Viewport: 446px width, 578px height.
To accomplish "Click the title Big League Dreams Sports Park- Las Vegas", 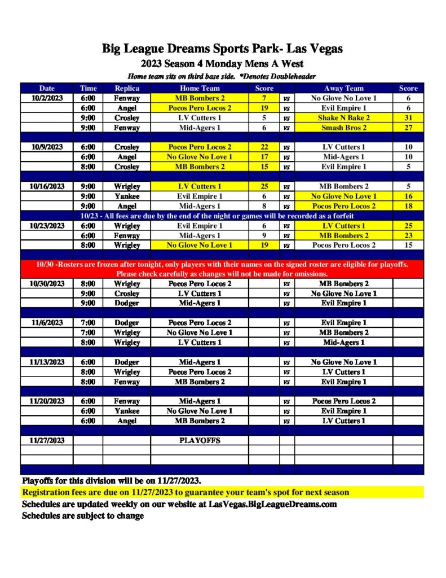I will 222,49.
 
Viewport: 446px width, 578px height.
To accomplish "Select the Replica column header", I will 127,88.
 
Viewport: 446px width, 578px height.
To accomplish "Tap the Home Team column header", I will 200,88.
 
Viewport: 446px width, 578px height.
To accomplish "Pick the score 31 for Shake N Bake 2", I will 408,118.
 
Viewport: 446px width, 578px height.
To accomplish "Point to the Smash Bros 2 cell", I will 343,128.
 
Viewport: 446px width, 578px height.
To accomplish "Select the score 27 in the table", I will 408,128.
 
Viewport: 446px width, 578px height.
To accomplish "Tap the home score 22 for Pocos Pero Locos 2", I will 264,147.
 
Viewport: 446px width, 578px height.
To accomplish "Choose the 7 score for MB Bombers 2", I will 264,98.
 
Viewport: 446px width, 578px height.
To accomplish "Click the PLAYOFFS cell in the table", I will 200,440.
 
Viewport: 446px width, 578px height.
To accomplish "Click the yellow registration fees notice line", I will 186,493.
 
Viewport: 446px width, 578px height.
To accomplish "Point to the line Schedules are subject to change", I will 83,516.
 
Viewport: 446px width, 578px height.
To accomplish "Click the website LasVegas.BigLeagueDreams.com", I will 272,504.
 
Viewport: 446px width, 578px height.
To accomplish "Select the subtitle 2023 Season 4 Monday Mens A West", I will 222,64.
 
